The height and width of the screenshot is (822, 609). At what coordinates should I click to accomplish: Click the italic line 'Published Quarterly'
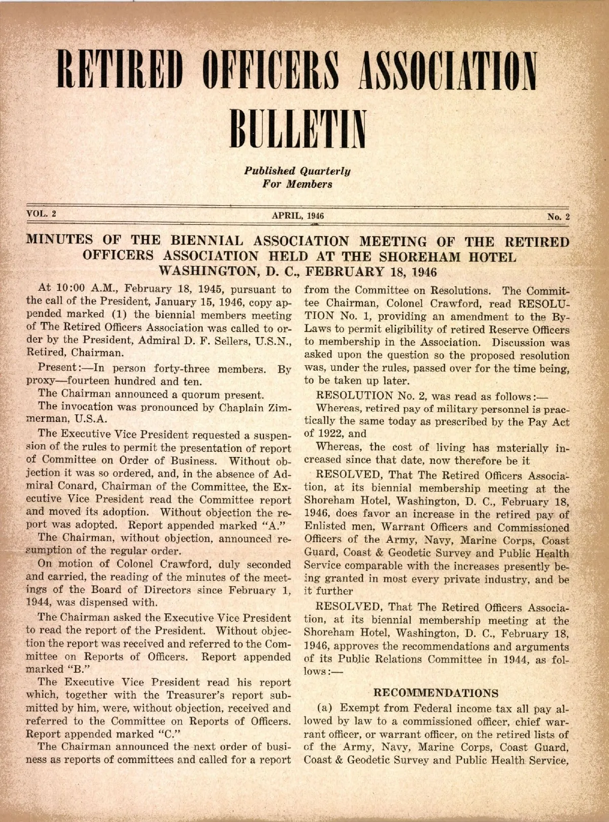coord(297,171)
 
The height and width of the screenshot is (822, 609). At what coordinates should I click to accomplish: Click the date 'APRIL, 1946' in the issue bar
coord(298,216)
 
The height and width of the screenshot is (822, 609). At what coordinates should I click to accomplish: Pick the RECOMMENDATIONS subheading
coord(436,693)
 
